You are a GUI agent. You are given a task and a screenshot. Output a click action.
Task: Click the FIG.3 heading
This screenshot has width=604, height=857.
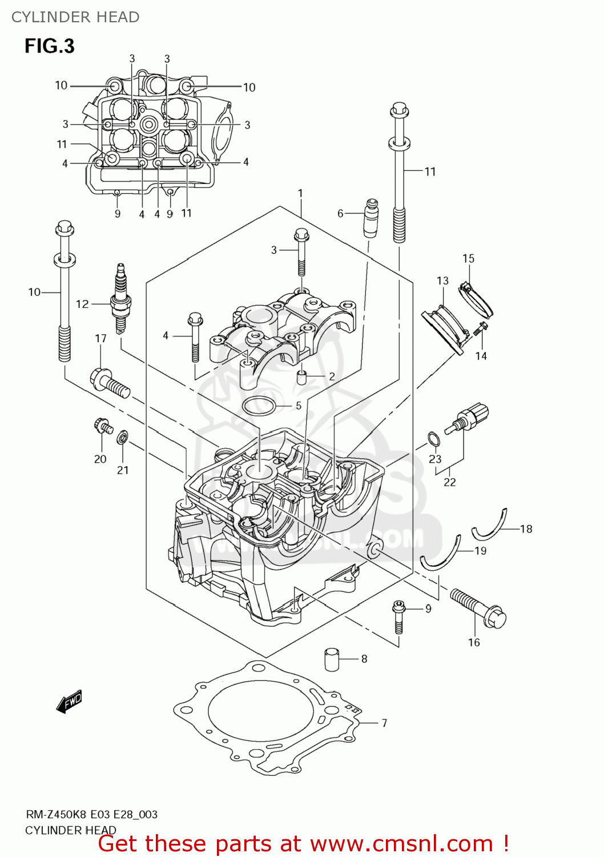(x=50, y=46)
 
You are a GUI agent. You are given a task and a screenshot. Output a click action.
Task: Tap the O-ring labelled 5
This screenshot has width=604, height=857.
(x=259, y=406)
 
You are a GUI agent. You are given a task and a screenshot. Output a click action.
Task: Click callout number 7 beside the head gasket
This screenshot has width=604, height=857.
(x=384, y=723)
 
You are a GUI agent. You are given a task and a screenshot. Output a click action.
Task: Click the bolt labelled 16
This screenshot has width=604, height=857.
(x=478, y=608)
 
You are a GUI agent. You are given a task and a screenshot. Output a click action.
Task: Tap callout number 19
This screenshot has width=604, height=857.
(x=480, y=551)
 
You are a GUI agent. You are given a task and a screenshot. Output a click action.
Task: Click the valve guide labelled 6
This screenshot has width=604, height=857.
(x=372, y=217)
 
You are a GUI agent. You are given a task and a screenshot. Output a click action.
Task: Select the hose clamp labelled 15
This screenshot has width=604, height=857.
(x=476, y=299)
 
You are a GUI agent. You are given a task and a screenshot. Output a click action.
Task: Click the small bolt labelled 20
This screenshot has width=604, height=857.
(x=103, y=426)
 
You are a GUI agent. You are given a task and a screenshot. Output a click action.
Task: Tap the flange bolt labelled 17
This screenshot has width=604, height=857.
(x=109, y=382)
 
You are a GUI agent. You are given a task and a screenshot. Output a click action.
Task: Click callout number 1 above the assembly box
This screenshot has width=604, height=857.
(x=300, y=194)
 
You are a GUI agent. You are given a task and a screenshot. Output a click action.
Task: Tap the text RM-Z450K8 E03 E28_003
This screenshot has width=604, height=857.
(x=91, y=815)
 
